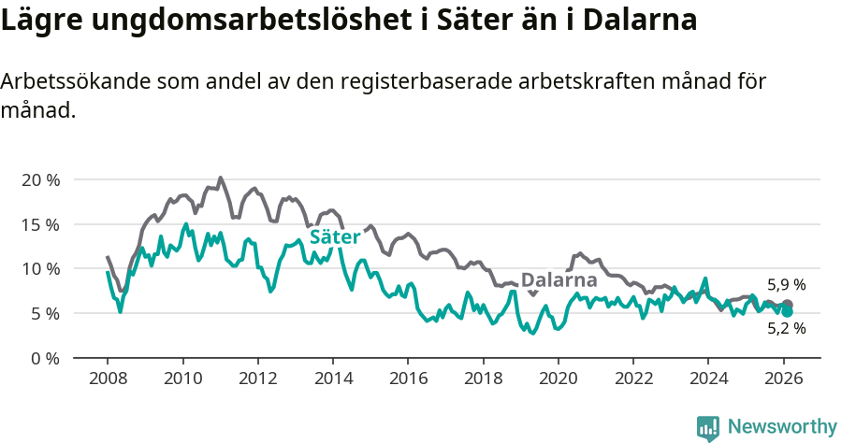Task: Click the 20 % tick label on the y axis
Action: tap(40, 179)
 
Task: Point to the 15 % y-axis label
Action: tap(40, 224)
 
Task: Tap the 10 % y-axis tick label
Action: tap(40, 269)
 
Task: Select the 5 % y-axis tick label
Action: tap(45, 313)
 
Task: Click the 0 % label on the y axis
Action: tap(45, 358)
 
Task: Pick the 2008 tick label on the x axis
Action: tap(108, 379)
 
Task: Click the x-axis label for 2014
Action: tap(332, 379)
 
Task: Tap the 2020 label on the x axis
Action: tap(558, 379)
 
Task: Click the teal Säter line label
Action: tap(335, 238)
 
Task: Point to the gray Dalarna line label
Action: tap(559, 280)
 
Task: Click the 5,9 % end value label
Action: tap(786, 285)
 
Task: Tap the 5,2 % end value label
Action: tap(786, 328)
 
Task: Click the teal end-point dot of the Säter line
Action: tap(788, 311)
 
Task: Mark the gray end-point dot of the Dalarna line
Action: tap(788, 304)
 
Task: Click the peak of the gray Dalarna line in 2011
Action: tap(221, 178)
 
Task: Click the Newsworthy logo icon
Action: tap(708, 428)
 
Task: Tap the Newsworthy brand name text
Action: tap(782, 427)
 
